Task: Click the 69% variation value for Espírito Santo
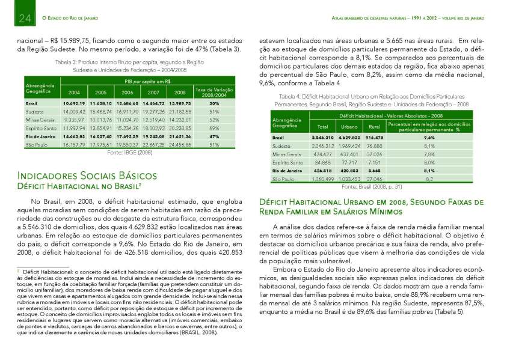pos(214,128)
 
